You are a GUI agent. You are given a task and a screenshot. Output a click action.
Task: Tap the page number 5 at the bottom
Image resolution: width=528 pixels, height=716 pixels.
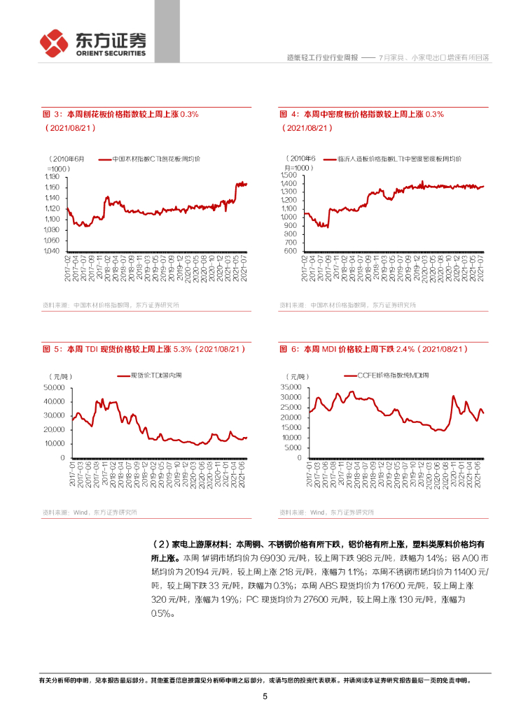click(265, 696)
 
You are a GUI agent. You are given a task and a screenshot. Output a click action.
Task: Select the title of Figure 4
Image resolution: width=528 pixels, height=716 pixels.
click(361, 114)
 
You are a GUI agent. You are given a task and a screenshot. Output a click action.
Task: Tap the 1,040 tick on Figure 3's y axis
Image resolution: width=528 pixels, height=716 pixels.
click(54, 251)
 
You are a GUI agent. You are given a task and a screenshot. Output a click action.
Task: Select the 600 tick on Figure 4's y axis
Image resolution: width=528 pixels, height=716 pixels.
click(294, 251)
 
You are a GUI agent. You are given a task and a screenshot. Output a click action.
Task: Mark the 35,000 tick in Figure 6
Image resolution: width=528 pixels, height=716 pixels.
click(291, 387)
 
